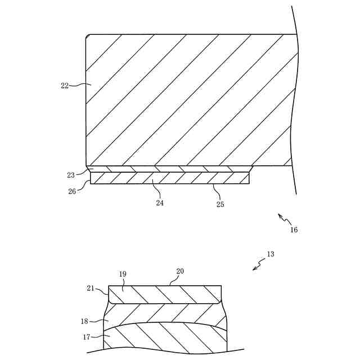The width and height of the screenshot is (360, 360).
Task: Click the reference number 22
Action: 64,85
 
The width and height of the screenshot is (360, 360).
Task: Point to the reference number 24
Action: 160,203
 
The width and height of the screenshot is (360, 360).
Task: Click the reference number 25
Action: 220,204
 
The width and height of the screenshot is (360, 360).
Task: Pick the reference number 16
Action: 294,229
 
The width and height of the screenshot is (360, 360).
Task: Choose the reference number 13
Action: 271,254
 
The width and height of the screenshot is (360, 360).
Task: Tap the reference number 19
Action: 123,274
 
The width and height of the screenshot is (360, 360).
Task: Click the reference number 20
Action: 180,271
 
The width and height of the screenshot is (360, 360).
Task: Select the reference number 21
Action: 91,288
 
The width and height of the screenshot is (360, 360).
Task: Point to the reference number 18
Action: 84,321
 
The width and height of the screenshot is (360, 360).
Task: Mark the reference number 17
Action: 86,337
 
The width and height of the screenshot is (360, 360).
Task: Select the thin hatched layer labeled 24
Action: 169,178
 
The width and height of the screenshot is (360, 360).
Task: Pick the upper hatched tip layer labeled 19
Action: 163,294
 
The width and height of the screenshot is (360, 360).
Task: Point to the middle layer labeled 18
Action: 163,314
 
